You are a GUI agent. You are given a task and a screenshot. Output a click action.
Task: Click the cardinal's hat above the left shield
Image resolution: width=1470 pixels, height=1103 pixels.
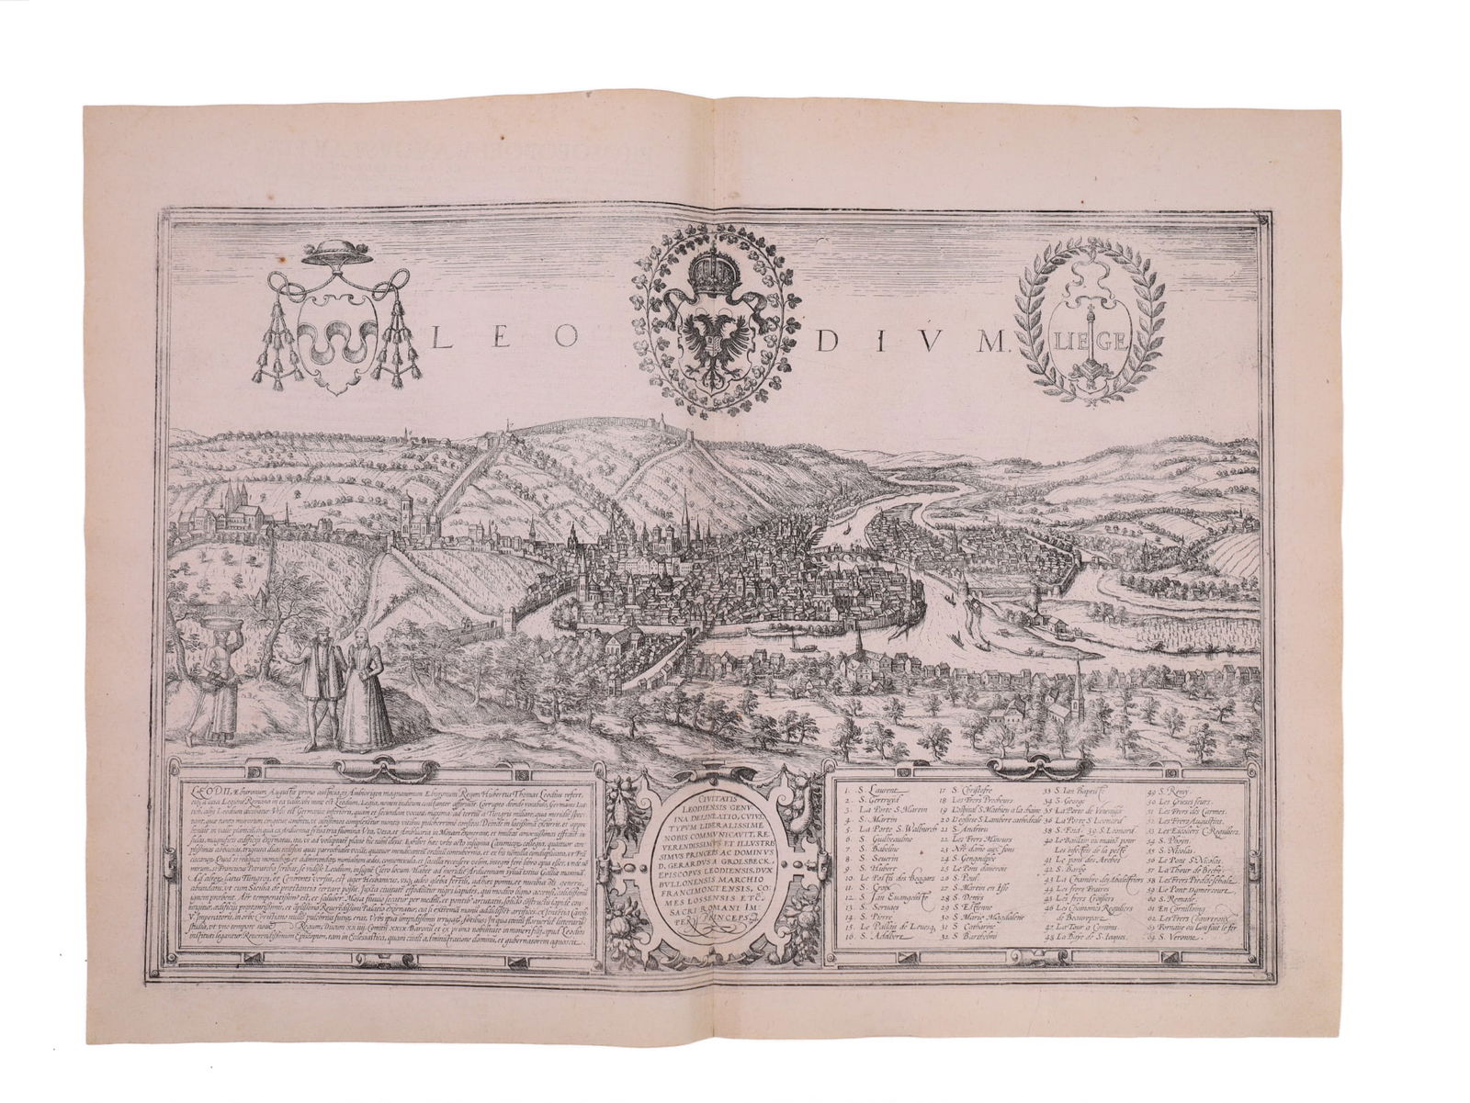[334, 254]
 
